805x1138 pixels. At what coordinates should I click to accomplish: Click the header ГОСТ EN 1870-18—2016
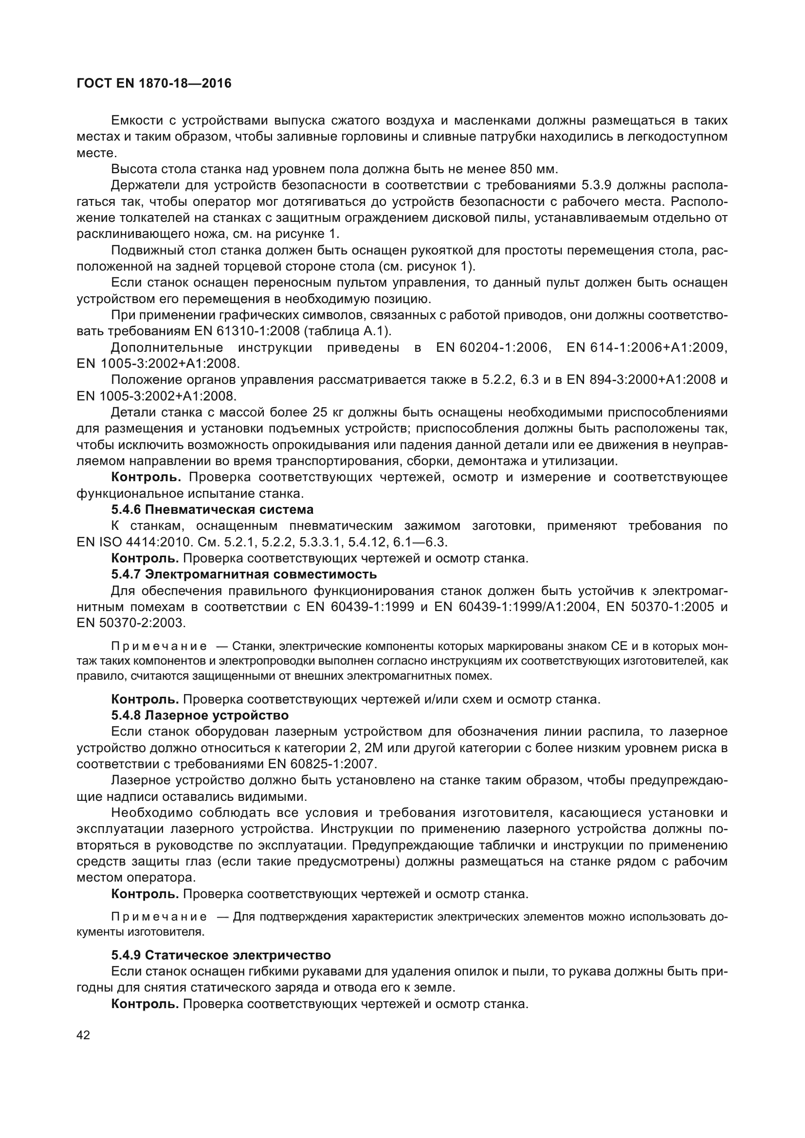click(x=154, y=84)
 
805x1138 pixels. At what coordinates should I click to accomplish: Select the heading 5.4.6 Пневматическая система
click(x=212, y=509)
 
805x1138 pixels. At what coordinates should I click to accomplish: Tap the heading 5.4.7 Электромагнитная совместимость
click(x=244, y=575)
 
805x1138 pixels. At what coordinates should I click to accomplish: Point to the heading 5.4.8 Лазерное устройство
click(x=200, y=715)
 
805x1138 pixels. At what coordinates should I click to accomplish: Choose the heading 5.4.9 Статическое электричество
click(x=221, y=955)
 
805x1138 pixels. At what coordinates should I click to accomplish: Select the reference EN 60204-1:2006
click(x=493, y=347)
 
